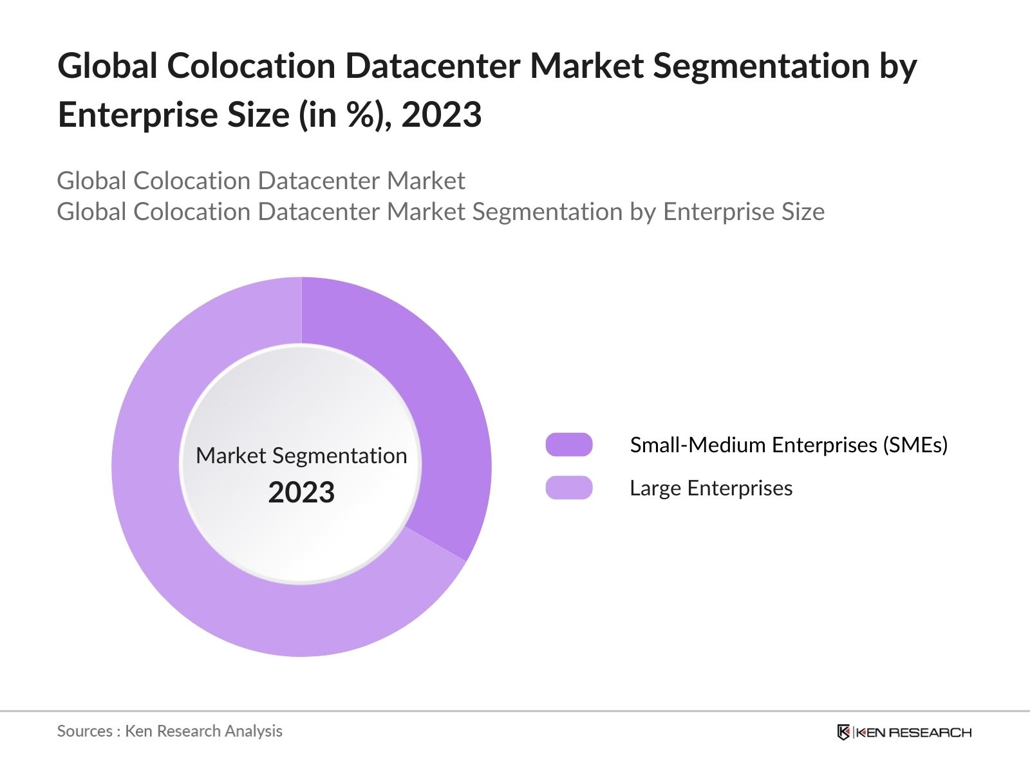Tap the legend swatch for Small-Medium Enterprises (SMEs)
point(569,445)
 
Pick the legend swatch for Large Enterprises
point(569,488)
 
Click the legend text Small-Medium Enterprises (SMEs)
point(789,445)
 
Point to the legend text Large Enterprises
point(711,488)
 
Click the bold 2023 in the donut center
point(301,493)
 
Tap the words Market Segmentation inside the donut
point(301,455)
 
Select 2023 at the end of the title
point(442,115)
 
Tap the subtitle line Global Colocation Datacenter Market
point(261,181)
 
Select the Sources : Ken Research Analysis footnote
point(170,731)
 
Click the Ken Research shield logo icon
point(843,732)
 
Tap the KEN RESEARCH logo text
point(913,732)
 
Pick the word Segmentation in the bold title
point(762,66)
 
